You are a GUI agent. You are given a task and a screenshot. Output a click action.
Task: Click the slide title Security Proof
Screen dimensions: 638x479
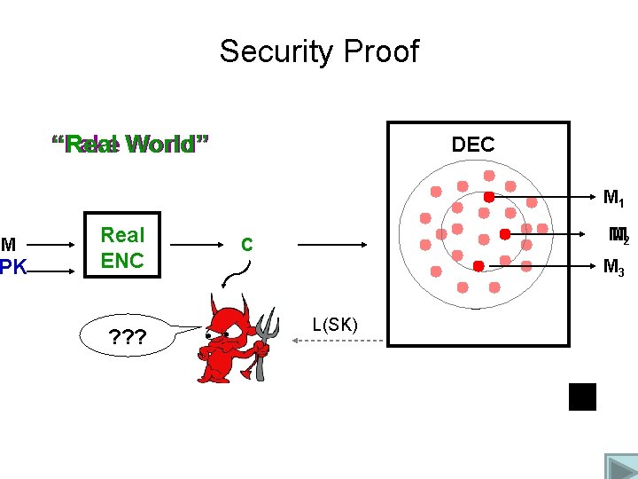319,51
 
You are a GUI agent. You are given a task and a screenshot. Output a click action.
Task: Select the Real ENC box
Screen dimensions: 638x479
122,247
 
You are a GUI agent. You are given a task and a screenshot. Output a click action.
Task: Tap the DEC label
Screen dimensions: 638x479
473,145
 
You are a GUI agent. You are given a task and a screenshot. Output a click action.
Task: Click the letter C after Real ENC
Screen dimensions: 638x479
247,244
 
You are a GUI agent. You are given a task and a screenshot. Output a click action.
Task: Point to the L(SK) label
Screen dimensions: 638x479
335,325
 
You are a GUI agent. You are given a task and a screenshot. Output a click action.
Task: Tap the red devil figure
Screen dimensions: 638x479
229,342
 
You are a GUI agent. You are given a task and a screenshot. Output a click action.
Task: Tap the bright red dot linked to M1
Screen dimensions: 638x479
488,196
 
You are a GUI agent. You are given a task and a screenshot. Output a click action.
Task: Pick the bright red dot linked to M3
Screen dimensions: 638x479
478,265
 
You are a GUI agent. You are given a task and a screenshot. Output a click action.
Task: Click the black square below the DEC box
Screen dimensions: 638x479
582,397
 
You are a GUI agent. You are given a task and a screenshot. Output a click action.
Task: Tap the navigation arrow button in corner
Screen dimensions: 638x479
620,466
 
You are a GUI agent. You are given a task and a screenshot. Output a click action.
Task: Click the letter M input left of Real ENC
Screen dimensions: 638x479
8,244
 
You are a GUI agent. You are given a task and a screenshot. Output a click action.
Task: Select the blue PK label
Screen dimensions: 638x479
13,265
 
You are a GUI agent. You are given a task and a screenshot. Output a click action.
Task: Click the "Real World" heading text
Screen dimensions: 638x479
130,145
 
